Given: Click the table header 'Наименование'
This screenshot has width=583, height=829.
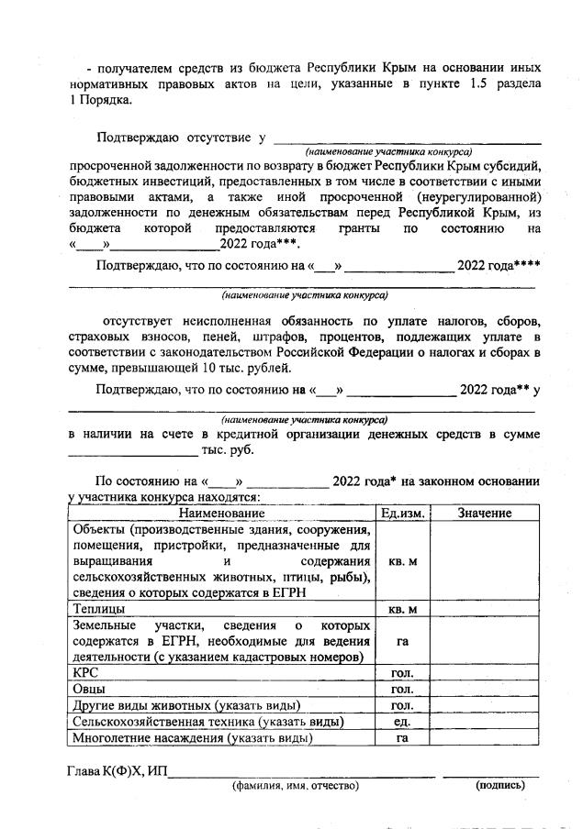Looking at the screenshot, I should tap(221, 514).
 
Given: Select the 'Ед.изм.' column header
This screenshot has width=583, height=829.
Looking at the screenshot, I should tap(402, 514).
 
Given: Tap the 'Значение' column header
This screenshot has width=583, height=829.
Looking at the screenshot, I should tap(484, 514).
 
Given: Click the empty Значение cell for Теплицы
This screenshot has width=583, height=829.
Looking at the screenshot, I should tap(484, 608).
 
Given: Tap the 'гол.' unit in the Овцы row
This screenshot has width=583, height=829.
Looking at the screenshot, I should tap(402, 689).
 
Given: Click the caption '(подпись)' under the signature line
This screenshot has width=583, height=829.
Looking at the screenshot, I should tap(499, 786).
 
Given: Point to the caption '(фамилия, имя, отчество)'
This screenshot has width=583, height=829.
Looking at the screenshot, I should tap(295, 786).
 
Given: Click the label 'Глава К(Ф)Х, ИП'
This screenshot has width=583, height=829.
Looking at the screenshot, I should tap(118, 771).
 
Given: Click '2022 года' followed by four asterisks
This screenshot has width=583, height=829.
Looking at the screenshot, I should tap(499, 267).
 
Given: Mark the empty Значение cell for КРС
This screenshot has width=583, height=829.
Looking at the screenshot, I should tap(484, 672).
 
